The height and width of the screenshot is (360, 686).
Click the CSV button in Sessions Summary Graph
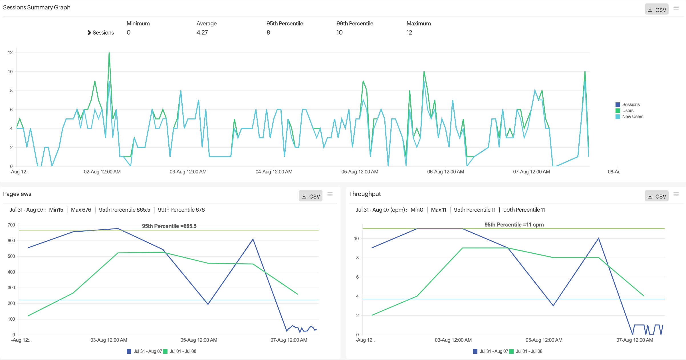pyautogui.click(x=656, y=10)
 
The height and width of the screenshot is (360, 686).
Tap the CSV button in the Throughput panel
pyautogui.click(x=656, y=196)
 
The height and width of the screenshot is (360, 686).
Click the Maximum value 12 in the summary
pyautogui.click(x=409, y=33)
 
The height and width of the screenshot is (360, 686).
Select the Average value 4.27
pyautogui.click(x=202, y=33)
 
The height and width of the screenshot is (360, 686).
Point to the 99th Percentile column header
pyautogui.click(x=355, y=23)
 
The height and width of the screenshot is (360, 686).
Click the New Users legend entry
pyautogui.click(x=632, y=117)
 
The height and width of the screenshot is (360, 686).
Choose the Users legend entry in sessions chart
pyautogui.click(x=628, y=111)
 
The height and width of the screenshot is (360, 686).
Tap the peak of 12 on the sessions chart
pyautogui.click(x=109, y=53)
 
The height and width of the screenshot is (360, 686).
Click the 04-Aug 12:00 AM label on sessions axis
pyautogui.click(x=274, y=172)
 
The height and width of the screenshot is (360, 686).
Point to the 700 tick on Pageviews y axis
pyautogui.click(x=11, y=225)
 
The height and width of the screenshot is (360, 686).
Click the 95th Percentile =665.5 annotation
pyautogui.click(x=169, y=226)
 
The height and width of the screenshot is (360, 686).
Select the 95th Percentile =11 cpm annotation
pyautogui.click(x=514, y=225)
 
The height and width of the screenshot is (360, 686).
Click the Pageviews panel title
pyautogui.click(x=17, y=194)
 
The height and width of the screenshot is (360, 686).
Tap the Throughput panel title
pyautogui.click(x=365, y=194)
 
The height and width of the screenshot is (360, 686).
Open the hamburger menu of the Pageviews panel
pyautogui.click(x=330, y=194)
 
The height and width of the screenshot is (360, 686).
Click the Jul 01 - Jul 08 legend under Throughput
pyautogui.click(x=529, y=351)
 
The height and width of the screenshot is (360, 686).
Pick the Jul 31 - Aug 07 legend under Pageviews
pyautogui.click(x=148, y=351)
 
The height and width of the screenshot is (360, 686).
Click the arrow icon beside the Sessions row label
pyautogui.click(x=89, y=33)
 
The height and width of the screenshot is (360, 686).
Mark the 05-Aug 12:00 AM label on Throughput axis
pyautogui.click(x=544, y=340)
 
